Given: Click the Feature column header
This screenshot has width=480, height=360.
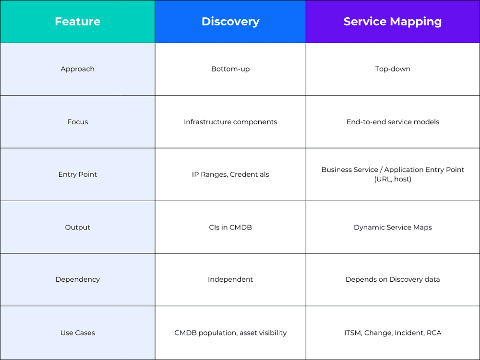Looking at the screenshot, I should (77, 22).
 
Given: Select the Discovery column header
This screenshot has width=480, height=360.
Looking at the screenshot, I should (230, 22).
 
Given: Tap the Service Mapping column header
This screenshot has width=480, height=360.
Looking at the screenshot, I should (393, 22).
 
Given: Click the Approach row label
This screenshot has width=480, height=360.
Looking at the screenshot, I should (77, 69).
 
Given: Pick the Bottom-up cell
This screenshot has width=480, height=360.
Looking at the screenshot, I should (230, 69).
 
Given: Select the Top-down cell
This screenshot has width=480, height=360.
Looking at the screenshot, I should (393, 69).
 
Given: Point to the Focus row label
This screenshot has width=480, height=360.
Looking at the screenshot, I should (77, 122).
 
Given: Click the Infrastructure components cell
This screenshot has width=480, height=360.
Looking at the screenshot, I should (230, 122).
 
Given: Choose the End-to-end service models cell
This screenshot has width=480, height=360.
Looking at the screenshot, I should (393, 122).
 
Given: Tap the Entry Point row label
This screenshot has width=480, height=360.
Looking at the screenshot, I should (77, 175).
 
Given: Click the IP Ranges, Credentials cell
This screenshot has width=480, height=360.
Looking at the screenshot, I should (230, 175).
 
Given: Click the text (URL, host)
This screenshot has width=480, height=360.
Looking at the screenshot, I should (393, 180).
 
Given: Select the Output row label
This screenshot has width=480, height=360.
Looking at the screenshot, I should (77, 228).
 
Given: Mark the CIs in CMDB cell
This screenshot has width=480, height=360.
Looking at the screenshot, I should (230, 228).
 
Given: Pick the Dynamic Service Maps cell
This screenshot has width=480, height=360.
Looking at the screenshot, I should (393, 228).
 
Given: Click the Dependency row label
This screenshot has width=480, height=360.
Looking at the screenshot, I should (77, 279).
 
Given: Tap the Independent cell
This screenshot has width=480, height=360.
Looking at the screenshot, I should (230, 279).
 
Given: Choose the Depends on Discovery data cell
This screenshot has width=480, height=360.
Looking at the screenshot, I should (393, 279).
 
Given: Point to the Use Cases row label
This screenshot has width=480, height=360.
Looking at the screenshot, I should (77, 333).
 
